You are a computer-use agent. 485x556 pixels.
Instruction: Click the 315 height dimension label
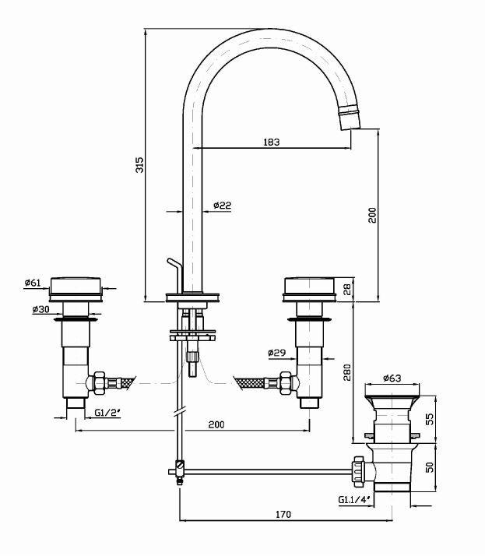coord(139,165)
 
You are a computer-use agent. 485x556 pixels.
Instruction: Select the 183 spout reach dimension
coord(272,142)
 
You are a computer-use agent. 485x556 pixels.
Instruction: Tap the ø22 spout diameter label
coord(222,206)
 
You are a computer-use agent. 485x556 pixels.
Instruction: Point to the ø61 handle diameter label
coord(33,283)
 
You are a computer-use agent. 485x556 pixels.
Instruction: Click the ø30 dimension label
coord(40,309)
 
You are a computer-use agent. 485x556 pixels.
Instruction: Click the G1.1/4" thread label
coord(353,500)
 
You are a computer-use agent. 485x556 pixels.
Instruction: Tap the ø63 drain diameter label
coord(392,379)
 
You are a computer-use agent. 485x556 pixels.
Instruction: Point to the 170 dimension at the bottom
coord(283,514)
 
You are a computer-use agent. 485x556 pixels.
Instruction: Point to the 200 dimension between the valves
coord(216,424)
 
